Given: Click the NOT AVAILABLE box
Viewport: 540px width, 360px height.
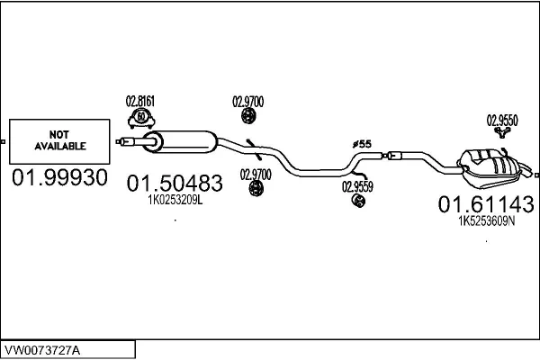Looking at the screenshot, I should (x=59, y=139).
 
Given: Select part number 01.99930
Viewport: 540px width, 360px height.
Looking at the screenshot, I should (x=59, y=176).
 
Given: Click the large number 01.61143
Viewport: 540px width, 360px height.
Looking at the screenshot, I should (x=476, y=205).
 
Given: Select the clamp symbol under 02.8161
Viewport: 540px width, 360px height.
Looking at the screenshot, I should (x=141, y=117).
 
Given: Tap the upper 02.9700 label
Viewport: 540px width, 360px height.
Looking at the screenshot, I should (x=248, y=102).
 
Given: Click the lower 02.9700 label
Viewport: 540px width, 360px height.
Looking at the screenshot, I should (x=256, y=174).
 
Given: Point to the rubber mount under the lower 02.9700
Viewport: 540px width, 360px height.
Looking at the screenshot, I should (x=256, y=188).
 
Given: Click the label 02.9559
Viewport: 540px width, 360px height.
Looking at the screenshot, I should (x=357, y=187).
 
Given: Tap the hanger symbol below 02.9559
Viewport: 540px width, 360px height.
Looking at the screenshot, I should (x=357, y=202).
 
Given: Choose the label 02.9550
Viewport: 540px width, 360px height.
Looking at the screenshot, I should (x=502, y=119).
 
